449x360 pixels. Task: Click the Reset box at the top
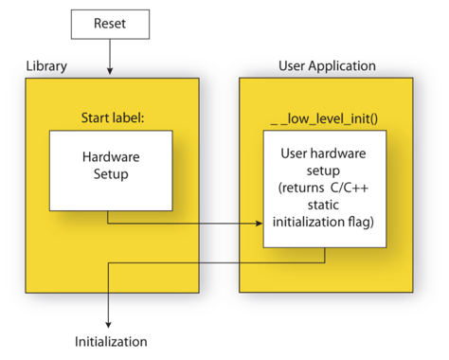tap(111, 22)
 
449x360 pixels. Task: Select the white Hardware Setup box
tap(111, 171)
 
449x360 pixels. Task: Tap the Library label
tap(45, 68)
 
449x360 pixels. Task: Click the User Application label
tap(327, 66)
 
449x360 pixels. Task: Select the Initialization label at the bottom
tap(111, 340)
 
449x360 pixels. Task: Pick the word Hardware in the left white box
tap(111, 156)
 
